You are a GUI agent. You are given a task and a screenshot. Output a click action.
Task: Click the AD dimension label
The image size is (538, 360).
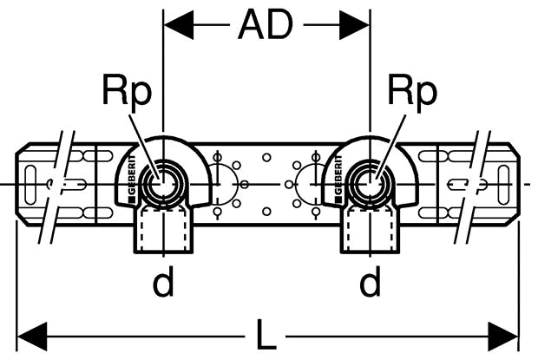point(266,24)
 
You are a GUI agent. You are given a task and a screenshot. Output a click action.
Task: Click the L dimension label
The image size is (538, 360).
point(266,334)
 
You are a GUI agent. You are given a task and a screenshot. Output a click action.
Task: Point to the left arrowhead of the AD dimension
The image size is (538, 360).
point(179,24)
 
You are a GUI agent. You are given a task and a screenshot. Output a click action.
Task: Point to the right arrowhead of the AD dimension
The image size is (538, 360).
point(354,24)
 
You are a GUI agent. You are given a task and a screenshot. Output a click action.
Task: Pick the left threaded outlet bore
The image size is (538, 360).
point(163,184)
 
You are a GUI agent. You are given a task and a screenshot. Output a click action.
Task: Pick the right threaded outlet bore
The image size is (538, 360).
point(370,184)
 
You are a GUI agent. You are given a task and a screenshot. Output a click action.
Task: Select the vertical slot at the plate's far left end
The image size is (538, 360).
point(30,185)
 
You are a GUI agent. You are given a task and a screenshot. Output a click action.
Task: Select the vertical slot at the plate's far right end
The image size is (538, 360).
point(503,185)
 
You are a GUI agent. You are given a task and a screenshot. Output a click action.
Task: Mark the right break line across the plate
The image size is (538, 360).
point(473,187)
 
